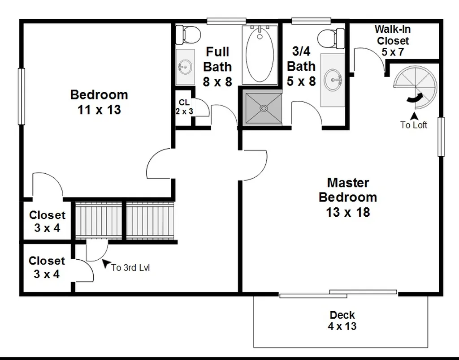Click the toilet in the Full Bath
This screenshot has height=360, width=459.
[188, 35]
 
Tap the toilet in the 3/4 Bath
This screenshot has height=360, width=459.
[331, 39]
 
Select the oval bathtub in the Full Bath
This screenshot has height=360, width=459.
[260, 55]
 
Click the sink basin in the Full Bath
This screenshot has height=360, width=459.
[185, 67]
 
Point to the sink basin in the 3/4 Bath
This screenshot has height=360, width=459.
[333, 80]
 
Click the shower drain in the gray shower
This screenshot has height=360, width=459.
[264, 108]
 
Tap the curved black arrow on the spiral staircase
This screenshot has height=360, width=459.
[415, 98]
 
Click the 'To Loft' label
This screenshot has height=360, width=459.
[414, 125]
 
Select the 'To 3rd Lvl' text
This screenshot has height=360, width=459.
[130, 268]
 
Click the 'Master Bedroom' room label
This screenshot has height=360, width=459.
[348, 190]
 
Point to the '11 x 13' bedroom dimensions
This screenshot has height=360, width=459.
[99, 110]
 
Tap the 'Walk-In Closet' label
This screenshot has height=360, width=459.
[393, 35]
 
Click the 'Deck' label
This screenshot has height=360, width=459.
[342, 315]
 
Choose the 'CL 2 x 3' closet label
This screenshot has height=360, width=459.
[184, 107]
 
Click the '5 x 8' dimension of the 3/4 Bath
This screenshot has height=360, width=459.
[301, 81]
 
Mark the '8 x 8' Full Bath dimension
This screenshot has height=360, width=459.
[217, 81]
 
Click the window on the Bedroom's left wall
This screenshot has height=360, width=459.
[22, 96]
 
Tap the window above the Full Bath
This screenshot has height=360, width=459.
[226, 21]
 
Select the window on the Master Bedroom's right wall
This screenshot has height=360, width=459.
[441, 137]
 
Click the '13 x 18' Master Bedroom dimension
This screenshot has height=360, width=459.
[348, 212]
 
